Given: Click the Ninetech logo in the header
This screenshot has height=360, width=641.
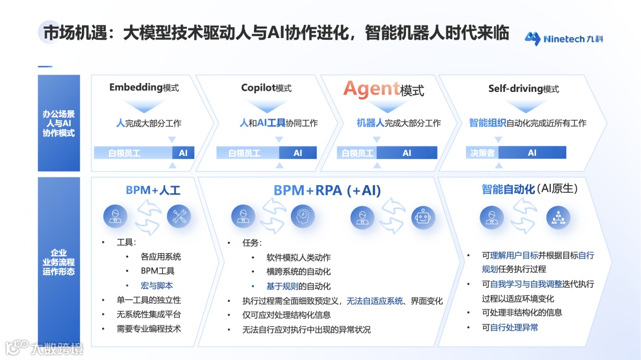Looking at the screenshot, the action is [x=563, y=39].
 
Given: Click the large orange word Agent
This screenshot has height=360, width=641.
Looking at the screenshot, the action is [x=371, y=89].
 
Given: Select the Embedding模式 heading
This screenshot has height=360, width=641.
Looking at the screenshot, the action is [x=144, y=88].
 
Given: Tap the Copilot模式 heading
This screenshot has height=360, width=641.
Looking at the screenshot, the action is [x=266, y=88].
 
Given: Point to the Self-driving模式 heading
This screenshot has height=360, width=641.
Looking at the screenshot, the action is [x=523, y=88].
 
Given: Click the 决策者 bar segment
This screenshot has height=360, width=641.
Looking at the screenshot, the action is [x=482, y=152].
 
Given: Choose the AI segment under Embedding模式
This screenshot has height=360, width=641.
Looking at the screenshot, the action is [x=183, y=152].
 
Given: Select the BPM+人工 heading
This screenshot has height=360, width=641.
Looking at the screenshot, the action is [x=153, y=190].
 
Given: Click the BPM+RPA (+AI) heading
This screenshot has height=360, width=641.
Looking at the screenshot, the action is [x=327, y=190].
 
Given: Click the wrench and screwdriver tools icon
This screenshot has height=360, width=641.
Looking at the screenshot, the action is [x=179, y=216].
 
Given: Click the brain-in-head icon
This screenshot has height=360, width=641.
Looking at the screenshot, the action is [x=303, y=216].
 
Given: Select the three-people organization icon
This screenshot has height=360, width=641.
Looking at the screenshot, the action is [x=557, y=217].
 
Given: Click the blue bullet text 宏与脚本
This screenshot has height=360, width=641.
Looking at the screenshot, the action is [x=157, y=285].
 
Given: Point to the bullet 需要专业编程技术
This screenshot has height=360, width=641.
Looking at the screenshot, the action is [x=148, y=329].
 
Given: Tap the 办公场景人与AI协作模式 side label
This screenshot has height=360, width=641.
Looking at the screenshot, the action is [x=58, y=123].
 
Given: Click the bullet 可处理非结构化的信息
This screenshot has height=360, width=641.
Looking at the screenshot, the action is [x=522, y=313].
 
